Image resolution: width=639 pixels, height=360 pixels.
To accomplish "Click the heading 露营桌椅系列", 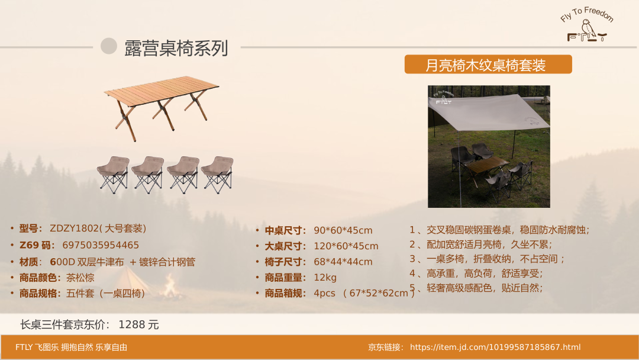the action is pyautogui.click(x=176, y=48).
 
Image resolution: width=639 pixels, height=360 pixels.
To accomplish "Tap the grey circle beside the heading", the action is pyautogui.click(x=109, y=46).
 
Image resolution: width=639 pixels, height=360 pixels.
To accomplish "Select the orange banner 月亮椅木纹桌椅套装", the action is pyautogui.click(x=488, y=65).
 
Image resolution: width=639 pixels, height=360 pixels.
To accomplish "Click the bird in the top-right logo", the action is pyautogui.click(x=589, y=30).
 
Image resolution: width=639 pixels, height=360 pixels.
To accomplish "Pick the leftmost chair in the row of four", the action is pyautogui.click(x=113, y=175).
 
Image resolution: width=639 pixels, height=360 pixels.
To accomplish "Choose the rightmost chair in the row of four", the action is pyautogui.click(x=218, y=175).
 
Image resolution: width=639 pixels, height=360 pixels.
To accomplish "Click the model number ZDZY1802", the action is pyautogui.click(x=74, y=229).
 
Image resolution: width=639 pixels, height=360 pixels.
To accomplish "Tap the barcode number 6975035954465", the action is pyautogui.click(x=101, y=245).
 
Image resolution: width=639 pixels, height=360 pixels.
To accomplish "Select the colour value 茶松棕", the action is pyautogui.click(x=80, y=278).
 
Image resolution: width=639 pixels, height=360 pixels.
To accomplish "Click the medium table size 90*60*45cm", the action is pyautogui.click(x=343, y=230).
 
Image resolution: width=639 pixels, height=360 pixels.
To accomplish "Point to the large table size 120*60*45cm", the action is pyautogui.click(x=346, y=246).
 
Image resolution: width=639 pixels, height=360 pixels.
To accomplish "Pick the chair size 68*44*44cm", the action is pyautogui.click(x=343, y=262).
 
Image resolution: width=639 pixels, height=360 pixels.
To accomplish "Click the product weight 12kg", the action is pyautogui.click(x=325, y=278).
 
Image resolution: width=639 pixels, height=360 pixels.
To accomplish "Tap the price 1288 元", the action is pyautogui.click(x=138, y=324).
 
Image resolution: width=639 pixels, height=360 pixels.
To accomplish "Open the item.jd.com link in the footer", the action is pyautogui.click(x=495, y=347).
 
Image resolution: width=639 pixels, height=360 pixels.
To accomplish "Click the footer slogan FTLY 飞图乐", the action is pyautogui.click(x=37, y=347).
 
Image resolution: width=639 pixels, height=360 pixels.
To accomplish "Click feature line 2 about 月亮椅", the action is pyautogui.click(x=481, y=244).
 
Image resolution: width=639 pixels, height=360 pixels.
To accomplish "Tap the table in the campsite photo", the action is pyautogui.click(x=486, y=168).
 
